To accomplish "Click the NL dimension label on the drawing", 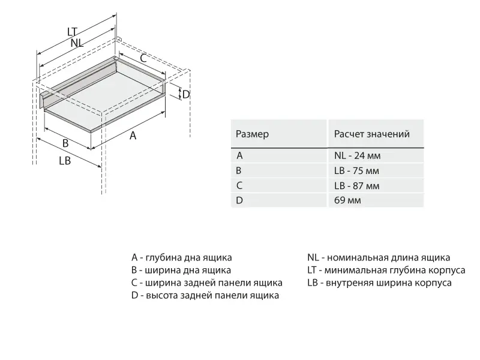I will point(76,43).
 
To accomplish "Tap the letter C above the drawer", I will point(143,58).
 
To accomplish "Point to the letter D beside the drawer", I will point(186,94).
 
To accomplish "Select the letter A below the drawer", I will point(133,136).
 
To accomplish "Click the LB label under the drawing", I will point(65,161).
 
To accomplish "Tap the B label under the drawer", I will point(65,143).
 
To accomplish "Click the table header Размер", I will point(252,134).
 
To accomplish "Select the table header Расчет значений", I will point(371,134).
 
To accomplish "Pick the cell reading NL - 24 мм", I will point(357,155).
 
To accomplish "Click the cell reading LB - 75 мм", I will point(356,170).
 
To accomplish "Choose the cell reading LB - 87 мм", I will point(356,185).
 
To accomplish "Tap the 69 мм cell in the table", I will point(347,200).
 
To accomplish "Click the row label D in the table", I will point(239,200).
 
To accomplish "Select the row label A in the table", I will point(239,155).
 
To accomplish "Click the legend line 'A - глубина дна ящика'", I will point(182,257).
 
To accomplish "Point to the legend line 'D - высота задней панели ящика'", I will point(205,295).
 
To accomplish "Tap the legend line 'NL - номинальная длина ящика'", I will point(378,257).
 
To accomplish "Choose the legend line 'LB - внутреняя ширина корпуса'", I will point(379,283).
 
